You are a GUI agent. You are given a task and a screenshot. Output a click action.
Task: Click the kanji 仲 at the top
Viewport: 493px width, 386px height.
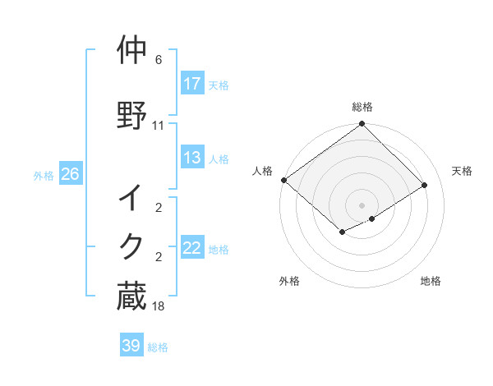[132, 51]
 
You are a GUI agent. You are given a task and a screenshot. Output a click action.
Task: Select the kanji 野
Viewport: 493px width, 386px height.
[132, 115]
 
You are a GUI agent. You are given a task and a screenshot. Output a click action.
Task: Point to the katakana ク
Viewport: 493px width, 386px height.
[132, 247]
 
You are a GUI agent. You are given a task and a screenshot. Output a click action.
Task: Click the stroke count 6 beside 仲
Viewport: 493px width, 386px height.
[159, 61]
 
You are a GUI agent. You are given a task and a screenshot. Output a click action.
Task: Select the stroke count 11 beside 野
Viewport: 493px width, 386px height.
[159, 126]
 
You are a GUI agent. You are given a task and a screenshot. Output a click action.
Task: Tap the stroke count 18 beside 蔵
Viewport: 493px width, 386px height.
[159, 306]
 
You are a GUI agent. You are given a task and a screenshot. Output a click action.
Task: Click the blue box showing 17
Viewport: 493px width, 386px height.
[192, 84]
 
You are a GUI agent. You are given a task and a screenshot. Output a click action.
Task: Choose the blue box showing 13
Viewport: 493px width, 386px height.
[192, 158]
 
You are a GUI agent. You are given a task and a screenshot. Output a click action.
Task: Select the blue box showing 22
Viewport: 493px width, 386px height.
[192, 248]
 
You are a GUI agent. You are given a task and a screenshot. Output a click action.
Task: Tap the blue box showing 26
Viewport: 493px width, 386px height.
[70, 174]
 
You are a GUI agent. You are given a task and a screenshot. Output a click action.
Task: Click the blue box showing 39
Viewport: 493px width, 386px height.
[131, 346]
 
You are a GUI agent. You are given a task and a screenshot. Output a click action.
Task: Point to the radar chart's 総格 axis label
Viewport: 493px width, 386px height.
[362, 107]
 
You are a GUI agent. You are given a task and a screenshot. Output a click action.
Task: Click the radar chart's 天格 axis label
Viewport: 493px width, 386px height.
[463, 171]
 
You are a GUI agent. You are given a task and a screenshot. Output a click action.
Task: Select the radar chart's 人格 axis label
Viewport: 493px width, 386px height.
[262, 171]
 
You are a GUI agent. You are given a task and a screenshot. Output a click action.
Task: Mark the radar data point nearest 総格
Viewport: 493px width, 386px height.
[362, 125]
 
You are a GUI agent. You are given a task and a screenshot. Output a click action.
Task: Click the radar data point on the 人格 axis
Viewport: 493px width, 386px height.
[283, 180]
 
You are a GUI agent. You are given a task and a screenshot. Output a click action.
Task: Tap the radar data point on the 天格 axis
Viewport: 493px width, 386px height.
[425, 186]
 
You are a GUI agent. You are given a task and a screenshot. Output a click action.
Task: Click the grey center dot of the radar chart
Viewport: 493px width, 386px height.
[362, 205]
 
